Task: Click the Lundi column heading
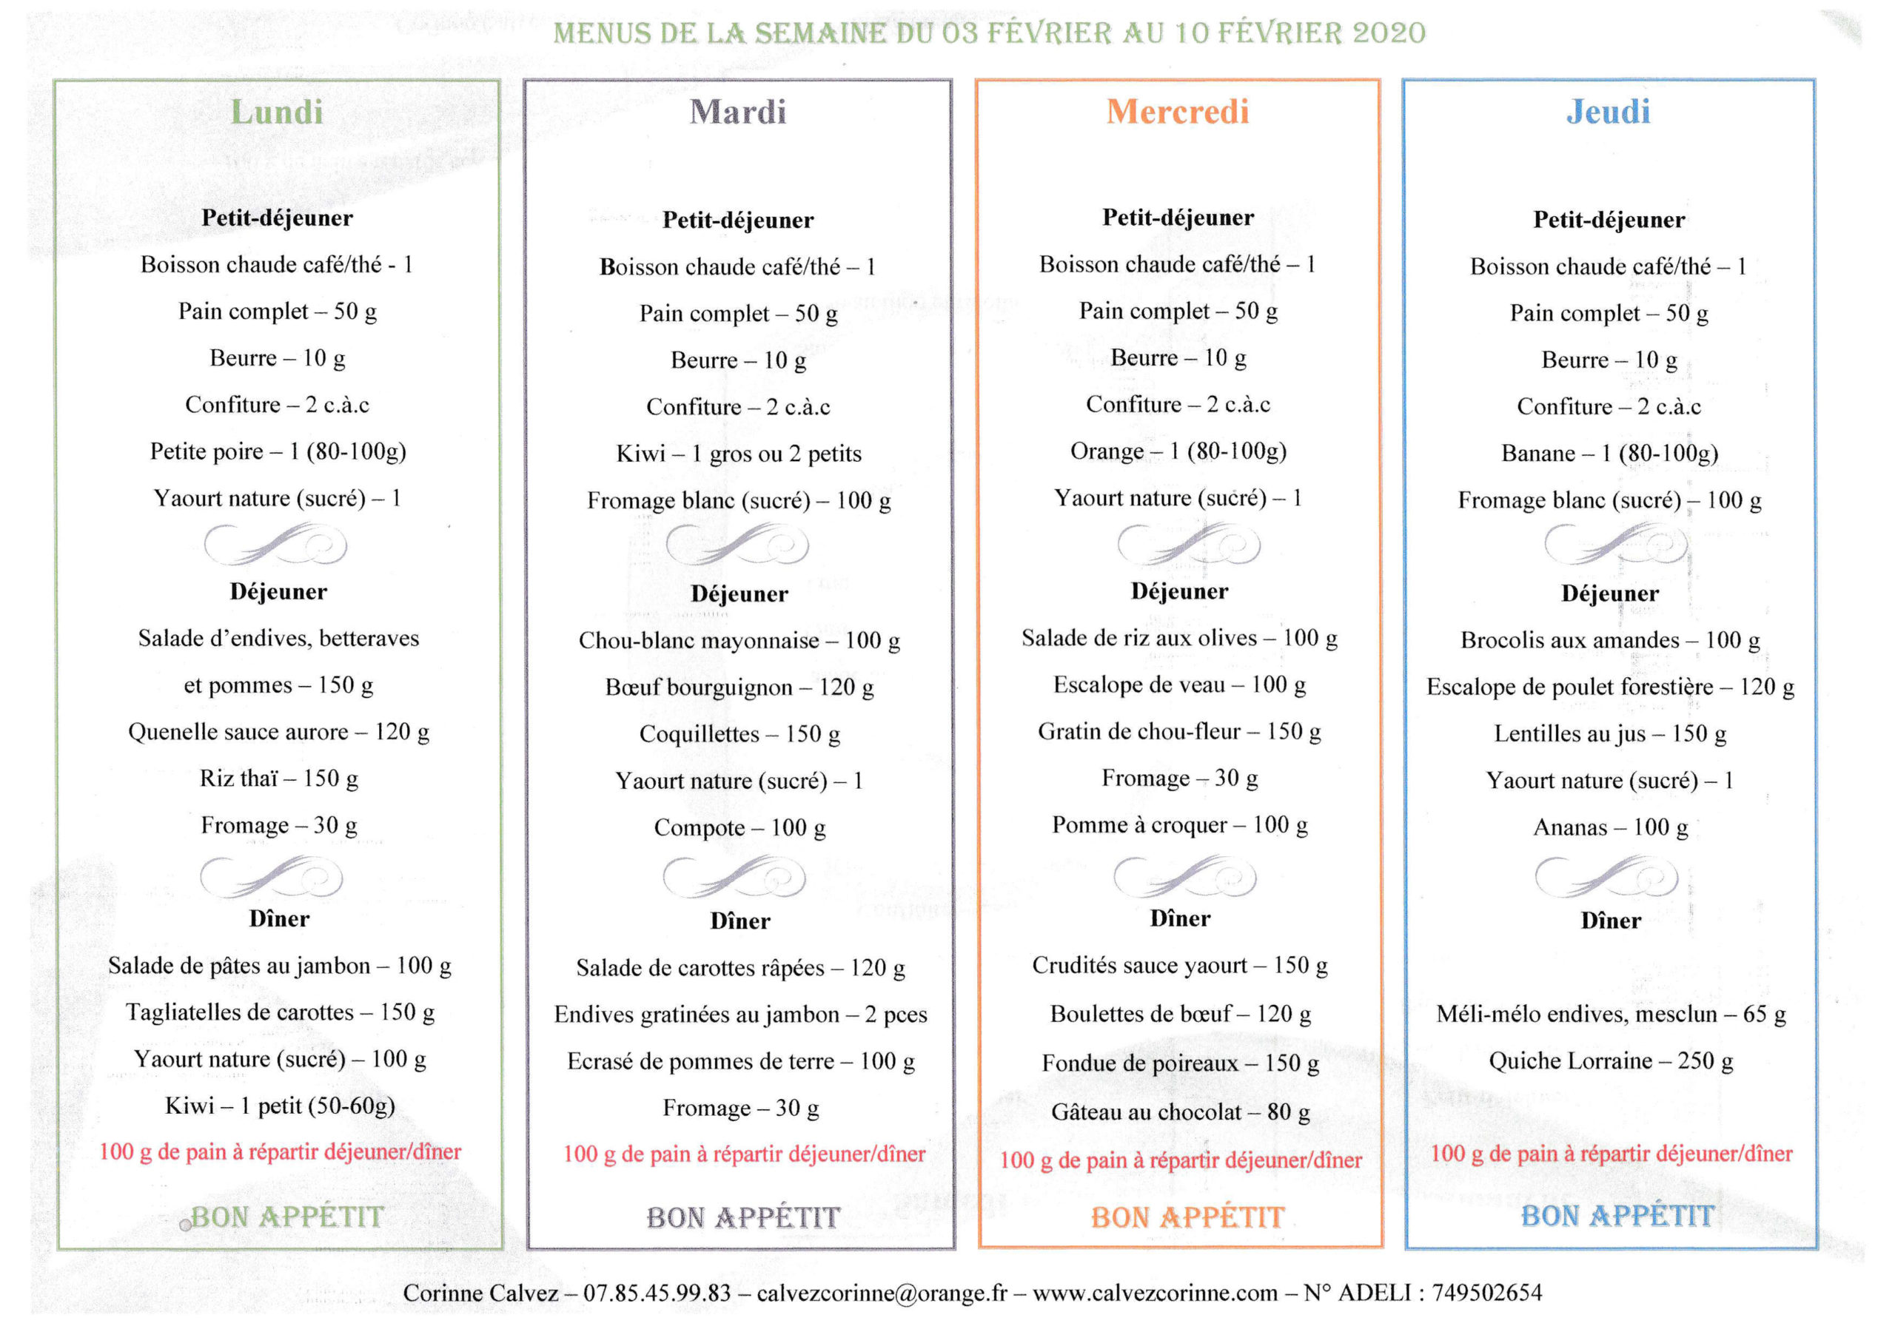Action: (x=277, y=112)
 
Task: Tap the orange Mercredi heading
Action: (x=1178, y=112)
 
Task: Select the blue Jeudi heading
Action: (x=1609, y=112)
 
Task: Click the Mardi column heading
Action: (x=738, y=112)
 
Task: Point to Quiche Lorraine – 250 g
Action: (x=1610, y=1060)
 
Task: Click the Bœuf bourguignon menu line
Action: (x=739, y=687)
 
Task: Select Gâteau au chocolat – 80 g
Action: (x=1180, y=1112)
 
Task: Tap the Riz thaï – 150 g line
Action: (x=279, y=778)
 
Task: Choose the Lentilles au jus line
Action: (x=1609, y=733)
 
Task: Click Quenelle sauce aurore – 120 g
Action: (x=279, y=732)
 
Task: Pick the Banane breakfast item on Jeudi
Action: (x=1609, y=453)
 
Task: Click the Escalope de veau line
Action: (x=1179, y=685)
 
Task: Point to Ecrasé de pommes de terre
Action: (x=740, y=1061)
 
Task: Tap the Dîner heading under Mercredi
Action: (x=1180, y=918)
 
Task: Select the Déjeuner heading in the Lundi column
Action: (x=278, y=592)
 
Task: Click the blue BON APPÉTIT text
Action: (x=1617, y=1217)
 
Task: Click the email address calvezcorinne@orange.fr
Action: (x=882, y=1292)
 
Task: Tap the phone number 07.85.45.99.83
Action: (x=657, y=1292)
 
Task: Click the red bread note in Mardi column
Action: (x=744, y=1154)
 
